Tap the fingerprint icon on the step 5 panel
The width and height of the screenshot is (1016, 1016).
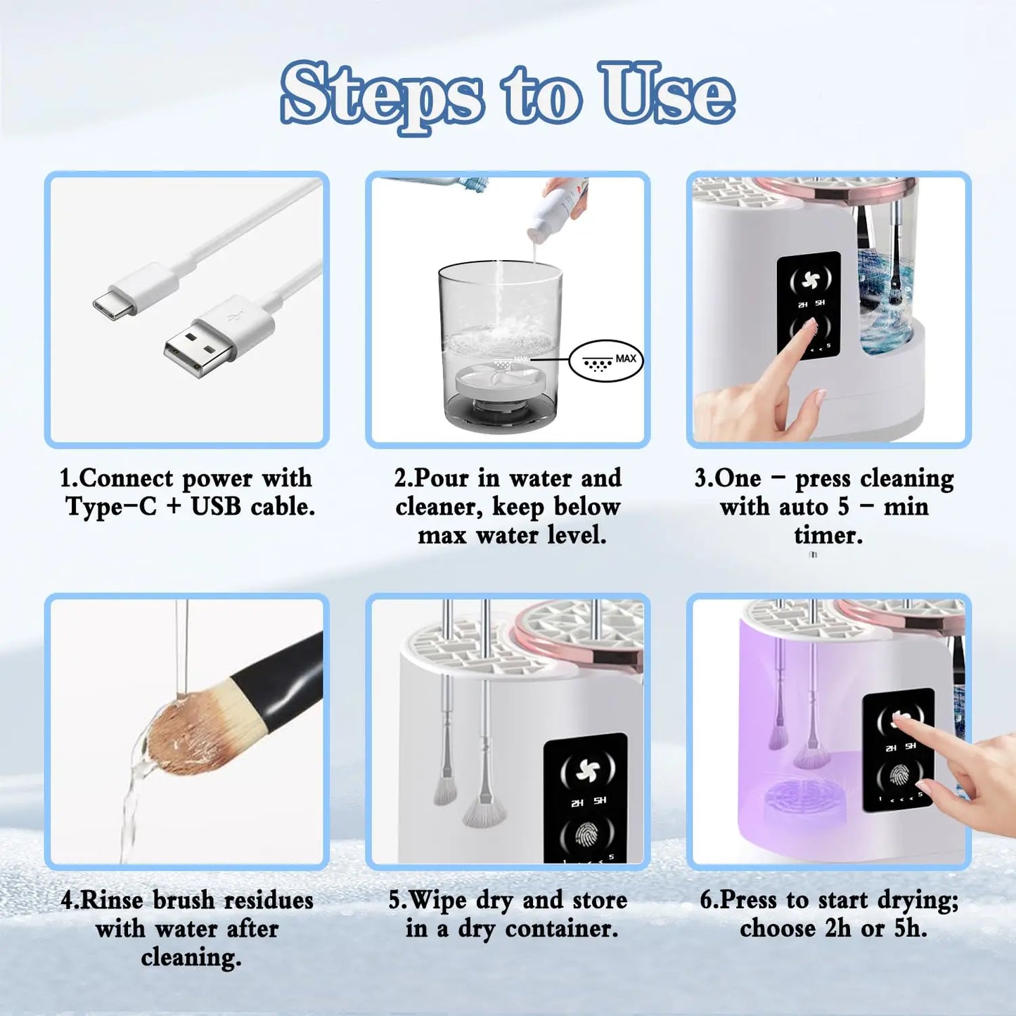pyautogui.click(x=586, y=835)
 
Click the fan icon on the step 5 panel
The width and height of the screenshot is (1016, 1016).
pyautogui.click(x=587, y=771)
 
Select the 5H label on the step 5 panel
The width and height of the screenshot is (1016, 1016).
pyautogui.click(x=600, y=802)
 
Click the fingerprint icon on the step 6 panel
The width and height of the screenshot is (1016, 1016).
pyautogui.click(x=899, y=776)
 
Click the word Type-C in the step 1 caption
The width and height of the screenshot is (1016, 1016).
pyautogui.click(x=110, y=507)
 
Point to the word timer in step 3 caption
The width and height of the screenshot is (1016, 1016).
pyautogui.click(x=828, y=536)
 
